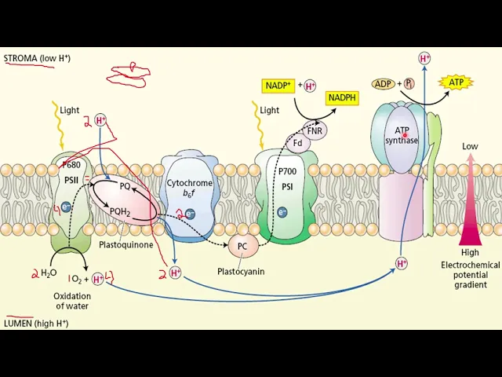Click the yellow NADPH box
pyautogui.click(x=342, y=97)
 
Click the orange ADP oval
pyautogui.click(x=384, y=84)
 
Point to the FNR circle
pyautogui.click(x=316, y=130)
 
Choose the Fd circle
pyautogui.click(x=298, y=143)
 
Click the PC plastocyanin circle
pyautogui.click(x=242, y=246)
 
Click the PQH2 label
pyautogui.click(x=119, y=210)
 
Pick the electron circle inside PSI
pyautogui.click(x=282, y=212)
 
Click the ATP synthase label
pyautogui.click(x=402, y=135)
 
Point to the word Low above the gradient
pyautogui.click(x=470, y=146)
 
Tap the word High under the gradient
pyautogui.click(x=470, y=253)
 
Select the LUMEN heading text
pyautogui.click(x=35, y=323)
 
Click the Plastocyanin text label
pyautogui.click(x=241, y=271)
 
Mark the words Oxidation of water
pyautogui.click(x=71, y=301)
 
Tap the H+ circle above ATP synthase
pyautogui.click(x=424, y=58)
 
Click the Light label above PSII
pyautogui.click(x=70, y=111)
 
